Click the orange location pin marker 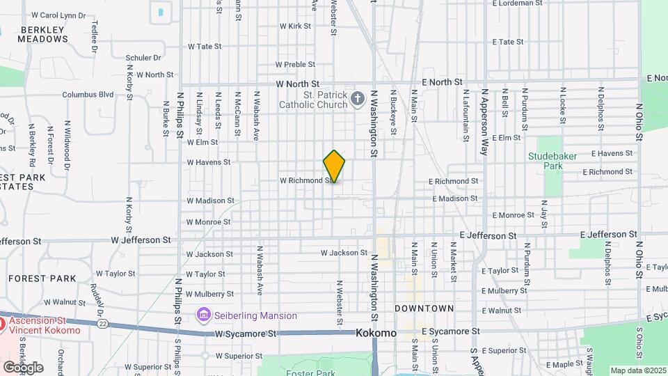[335, 166]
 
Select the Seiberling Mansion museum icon [203, 315]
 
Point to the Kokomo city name [376, 333]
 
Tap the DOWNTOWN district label [424, 308]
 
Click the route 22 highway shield [102, 324]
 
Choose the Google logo [23, 367]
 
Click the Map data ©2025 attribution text [638, 370]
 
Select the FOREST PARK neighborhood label [42, 279]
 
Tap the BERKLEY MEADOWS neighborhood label [44, 34]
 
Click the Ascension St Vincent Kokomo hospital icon [2, 324]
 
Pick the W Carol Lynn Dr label [58, 15]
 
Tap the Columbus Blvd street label [88, 95]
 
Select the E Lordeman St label [517, 3]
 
